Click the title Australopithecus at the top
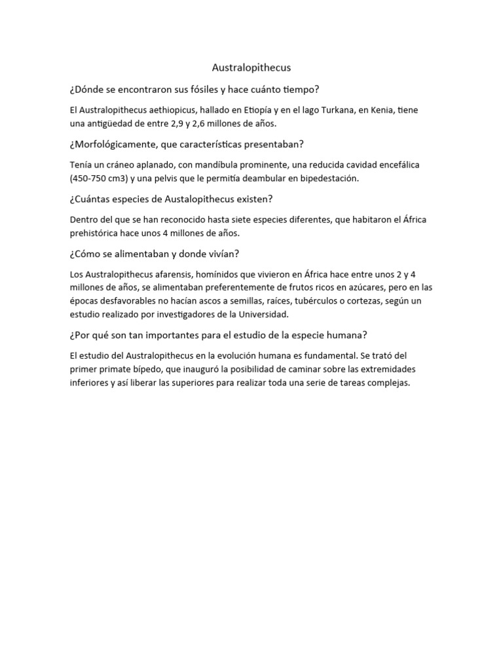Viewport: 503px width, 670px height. pyautogui.click(x=251, y=67)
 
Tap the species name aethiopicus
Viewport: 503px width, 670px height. pyautogui.click(x=164, y=110)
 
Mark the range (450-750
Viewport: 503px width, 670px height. pyautogui.click(x=89, y=178)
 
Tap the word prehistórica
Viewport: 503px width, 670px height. pyautogui.click(x=96, y=233)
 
